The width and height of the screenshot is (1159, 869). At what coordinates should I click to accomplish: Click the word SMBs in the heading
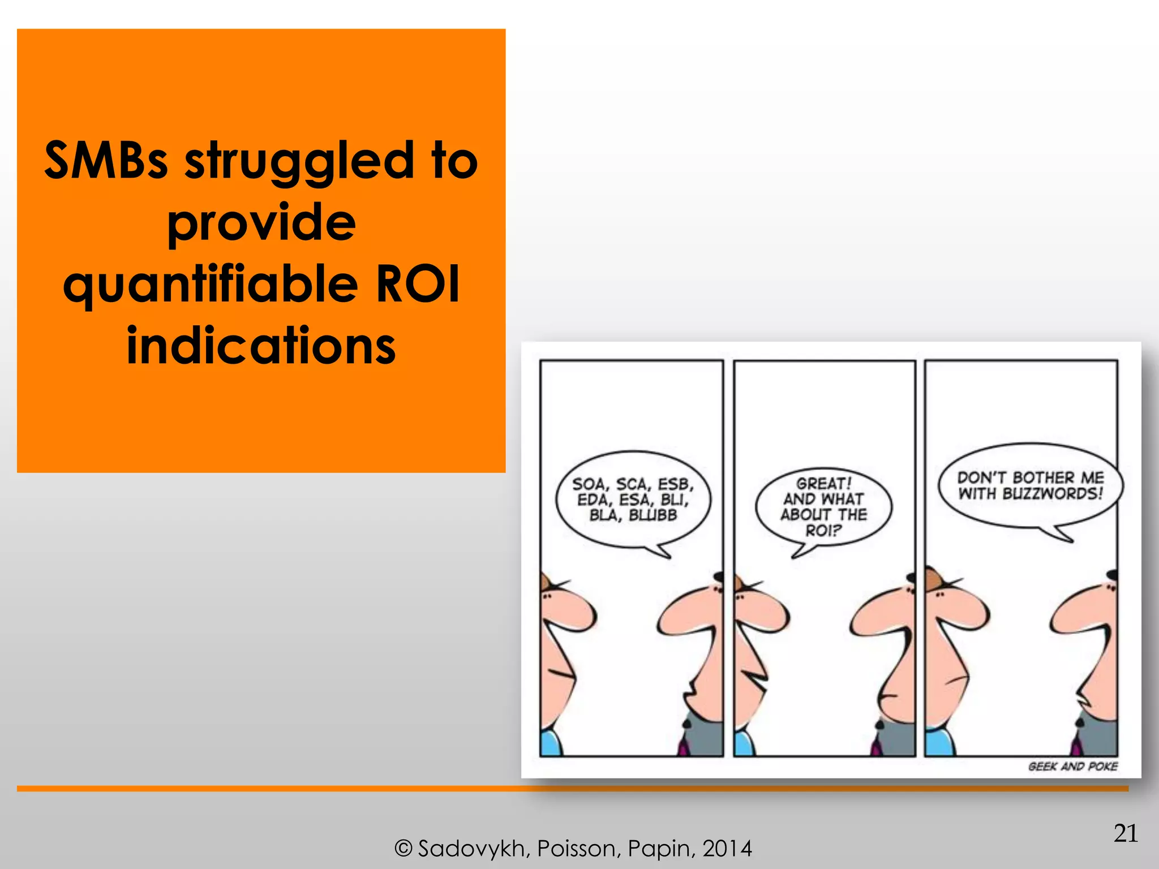click(106, 161)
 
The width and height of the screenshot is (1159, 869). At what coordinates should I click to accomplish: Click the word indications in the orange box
click(261, 346)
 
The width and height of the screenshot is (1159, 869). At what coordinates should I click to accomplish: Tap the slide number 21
click(1126, 833)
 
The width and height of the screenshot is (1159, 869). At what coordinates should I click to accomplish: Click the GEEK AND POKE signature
click(1072, 767)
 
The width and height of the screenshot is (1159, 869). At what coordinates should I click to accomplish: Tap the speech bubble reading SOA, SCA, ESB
click(633, 500)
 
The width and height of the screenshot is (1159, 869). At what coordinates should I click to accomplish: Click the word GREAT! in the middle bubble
click(823, 484)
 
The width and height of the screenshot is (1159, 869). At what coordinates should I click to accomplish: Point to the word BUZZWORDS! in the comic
click(1053, 494)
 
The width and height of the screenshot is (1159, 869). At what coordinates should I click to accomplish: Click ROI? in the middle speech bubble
click(823, 531)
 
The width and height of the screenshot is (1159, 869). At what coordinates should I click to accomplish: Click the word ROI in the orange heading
click(418, 284)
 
